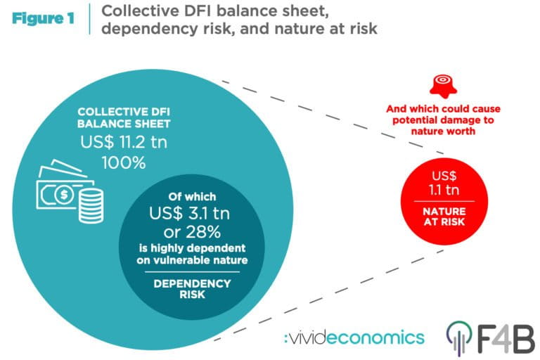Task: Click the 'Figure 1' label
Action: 43,18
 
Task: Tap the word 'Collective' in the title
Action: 139,11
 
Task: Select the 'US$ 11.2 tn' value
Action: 124,142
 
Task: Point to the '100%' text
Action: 124,162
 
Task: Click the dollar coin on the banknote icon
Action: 64,195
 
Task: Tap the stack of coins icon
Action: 91,206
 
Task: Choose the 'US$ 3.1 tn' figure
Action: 189,214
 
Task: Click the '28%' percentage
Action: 203,232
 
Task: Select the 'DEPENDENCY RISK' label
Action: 192,289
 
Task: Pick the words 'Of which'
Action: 192,197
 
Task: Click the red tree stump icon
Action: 443,86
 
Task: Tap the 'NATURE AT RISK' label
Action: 444,217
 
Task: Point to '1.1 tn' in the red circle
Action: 444,190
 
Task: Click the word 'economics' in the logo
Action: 375,337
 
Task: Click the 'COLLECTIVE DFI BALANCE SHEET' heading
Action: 124,117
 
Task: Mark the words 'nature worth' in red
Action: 443,131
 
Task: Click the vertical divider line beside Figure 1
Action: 89,19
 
